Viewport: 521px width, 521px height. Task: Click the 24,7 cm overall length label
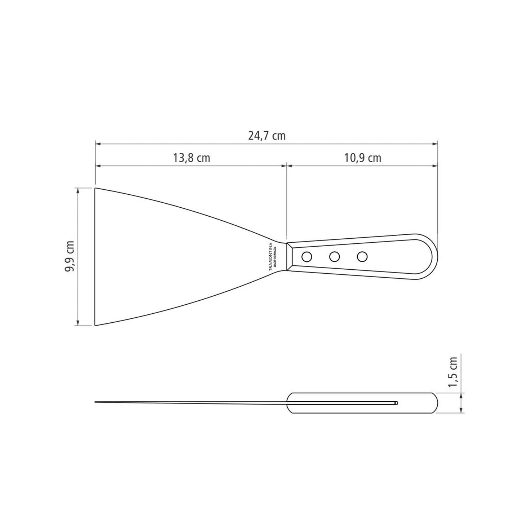(266, 136)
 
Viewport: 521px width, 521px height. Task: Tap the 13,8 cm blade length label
(191, 158)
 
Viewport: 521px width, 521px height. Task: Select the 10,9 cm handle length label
(362, 158)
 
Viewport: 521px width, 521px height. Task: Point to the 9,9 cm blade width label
(70, 257)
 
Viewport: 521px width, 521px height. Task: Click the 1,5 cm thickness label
(452, 372)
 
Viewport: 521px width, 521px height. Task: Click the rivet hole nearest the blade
(307, 257)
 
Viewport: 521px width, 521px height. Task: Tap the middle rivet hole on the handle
(334, 257)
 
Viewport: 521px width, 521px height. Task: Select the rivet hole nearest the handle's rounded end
(362, 257)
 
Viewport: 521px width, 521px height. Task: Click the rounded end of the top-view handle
(434, 257)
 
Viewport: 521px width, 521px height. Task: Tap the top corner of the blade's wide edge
(96, 188)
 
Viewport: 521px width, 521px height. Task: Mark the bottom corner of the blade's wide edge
(96, 325)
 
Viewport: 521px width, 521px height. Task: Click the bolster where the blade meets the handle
(289, 257)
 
